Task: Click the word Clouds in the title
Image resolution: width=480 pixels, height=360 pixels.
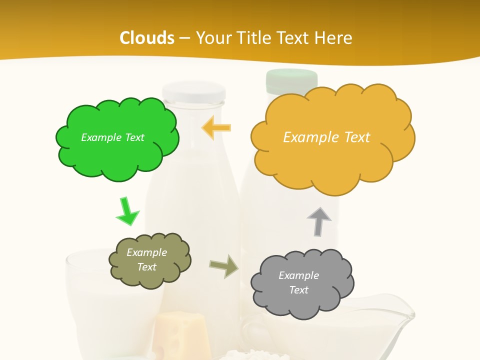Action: pos(147,37)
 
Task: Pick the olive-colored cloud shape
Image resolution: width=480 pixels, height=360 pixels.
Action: pos(149,260)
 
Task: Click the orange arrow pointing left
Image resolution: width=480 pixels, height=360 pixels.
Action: pos(216,127)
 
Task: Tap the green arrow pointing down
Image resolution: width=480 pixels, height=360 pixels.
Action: pos(127,211)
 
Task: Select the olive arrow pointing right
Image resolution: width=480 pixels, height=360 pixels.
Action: pos(223,266)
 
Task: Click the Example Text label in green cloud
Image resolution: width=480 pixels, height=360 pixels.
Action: pos(112,137)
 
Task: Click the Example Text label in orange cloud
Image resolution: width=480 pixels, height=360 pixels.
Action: pos(326,137)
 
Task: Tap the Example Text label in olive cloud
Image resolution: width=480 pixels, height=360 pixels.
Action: pos(147,259)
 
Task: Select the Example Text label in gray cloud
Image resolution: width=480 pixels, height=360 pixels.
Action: pos(299,282)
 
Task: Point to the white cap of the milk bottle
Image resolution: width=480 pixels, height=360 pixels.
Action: pos(194,91)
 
